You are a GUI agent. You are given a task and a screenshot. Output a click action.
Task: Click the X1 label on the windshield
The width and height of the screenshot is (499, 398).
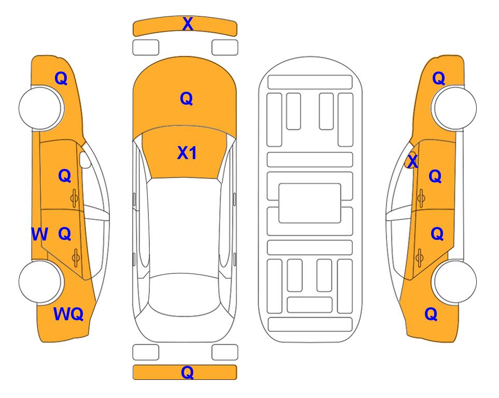(x=187, y=153)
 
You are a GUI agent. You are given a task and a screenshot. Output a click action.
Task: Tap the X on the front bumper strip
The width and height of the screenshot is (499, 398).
(x=188, y=23)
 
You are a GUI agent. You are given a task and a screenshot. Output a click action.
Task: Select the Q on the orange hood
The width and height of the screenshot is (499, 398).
(x=187, y=98)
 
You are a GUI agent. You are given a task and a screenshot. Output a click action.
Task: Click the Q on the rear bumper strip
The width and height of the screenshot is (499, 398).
(x=188, y=372)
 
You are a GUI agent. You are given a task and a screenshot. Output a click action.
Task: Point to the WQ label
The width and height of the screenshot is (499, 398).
(x=68, y=314)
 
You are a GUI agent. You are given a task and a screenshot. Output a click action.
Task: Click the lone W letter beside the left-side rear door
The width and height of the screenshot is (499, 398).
(x=39, y=234)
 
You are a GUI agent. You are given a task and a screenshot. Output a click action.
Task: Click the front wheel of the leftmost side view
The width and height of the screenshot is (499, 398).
(x=40, y=108)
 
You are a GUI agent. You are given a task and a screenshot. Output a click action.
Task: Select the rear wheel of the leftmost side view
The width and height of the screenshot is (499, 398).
(x=40, y=281)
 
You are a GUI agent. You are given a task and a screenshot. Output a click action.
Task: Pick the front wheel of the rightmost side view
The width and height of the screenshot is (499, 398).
(x=454, y=108)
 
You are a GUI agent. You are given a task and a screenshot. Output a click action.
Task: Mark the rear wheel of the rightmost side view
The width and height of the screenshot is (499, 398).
(x=454, y=281)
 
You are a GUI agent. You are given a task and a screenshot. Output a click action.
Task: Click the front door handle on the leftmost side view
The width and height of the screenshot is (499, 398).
(x=75, y=198)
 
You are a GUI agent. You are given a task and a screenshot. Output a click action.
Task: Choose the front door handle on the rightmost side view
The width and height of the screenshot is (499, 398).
(x=421, y=198)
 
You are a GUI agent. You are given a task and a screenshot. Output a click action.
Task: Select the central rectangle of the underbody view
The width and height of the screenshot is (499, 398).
(x=310, y=203)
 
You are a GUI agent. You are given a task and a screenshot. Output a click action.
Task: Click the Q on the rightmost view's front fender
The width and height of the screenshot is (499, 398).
(x=438, y=78)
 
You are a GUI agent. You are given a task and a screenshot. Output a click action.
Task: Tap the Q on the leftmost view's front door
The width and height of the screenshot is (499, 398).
(x=65, y=176)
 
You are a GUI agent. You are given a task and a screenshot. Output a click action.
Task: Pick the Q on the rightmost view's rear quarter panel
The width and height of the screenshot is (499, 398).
(x=431, y=314)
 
